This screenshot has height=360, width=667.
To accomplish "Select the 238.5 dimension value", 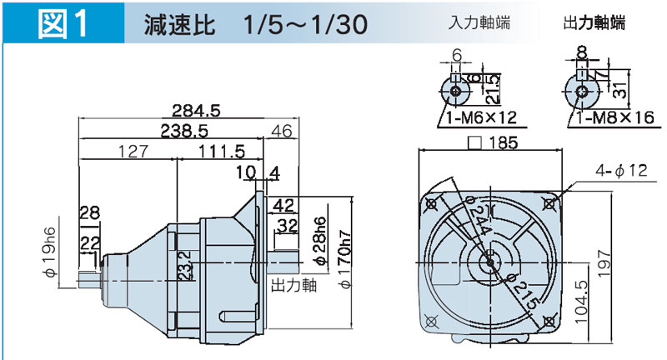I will pos(184,131).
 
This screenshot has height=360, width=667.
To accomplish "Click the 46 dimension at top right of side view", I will pos(282,131).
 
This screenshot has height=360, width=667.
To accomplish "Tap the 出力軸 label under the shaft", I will pos(292,285).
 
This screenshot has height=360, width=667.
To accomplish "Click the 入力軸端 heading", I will pos(478,23).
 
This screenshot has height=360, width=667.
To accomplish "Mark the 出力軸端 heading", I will pos(594,23).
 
